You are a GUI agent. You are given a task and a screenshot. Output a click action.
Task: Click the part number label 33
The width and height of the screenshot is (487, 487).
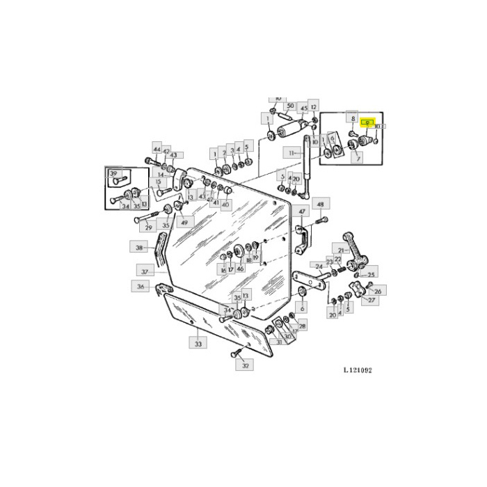[198, 343]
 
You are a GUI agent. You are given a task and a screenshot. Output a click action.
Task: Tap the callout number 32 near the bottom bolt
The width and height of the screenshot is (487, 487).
[245, 365]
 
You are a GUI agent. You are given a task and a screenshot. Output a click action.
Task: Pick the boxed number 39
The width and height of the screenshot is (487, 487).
[114, 173]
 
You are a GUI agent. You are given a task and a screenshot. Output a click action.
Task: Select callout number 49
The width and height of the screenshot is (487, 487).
[184, 223]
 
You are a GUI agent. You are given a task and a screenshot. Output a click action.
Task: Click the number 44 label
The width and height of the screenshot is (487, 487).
[157, 150]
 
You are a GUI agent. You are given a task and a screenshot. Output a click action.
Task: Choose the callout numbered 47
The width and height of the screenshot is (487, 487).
[303, 211]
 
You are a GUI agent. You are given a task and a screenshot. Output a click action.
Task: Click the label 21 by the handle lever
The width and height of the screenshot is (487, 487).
[342, 250]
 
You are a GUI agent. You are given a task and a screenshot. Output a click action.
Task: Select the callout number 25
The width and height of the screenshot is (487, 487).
[372, 276]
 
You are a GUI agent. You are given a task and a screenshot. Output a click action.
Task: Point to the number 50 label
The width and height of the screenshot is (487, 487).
[290, 106]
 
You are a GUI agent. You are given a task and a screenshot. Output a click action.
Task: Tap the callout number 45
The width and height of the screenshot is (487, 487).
[303, 109]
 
